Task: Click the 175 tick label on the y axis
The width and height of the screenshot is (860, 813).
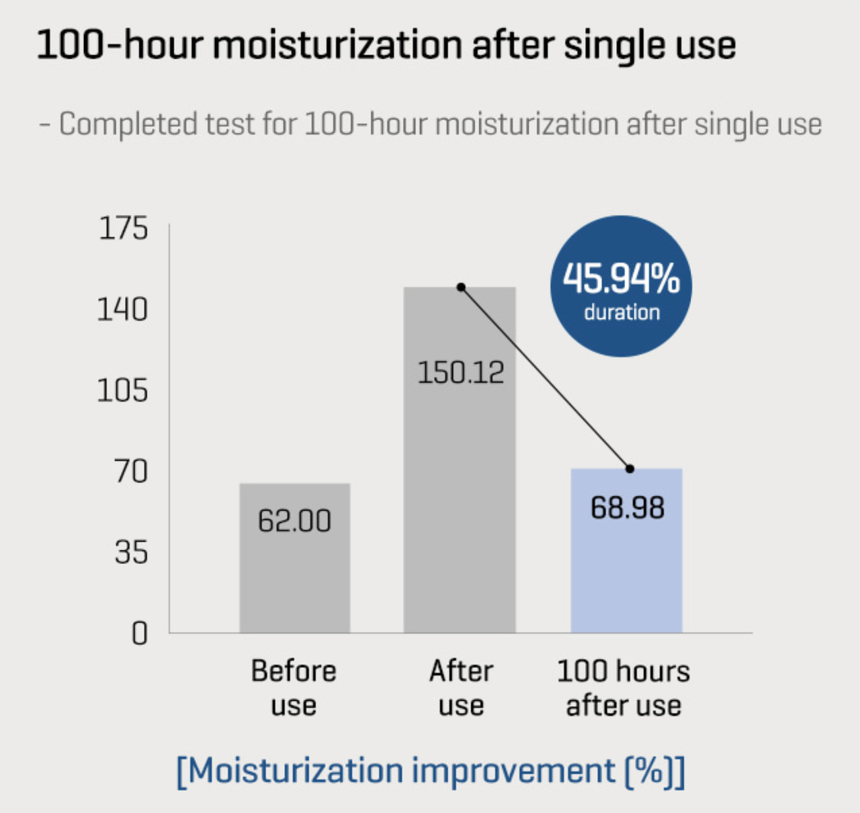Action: click(123, 228)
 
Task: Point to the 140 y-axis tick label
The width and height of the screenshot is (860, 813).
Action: click(122, 310)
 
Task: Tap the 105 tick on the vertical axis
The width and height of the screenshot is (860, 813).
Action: click(122, 390)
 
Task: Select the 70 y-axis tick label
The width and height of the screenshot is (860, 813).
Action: click(131, 472)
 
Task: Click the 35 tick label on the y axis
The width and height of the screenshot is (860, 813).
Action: click(131, 552)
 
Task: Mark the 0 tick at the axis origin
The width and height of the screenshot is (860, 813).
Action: click(140, 633)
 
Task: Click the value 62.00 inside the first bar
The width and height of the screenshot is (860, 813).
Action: click(294, 521)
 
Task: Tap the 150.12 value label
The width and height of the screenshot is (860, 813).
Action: click(460, 372)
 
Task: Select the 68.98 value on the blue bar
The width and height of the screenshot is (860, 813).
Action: click(628, 508)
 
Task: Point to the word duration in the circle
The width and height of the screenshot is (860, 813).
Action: click(621, 312)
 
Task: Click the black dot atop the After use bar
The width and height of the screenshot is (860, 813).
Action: click(461, 288)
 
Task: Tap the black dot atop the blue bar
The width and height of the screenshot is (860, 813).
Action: click(630, 468)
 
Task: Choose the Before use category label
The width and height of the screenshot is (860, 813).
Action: click(294, 688)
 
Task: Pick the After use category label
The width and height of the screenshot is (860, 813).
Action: click(461, 688)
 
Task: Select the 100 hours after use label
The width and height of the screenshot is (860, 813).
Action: click(623, 688)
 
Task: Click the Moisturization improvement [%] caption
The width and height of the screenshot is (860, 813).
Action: click(430, 771)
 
